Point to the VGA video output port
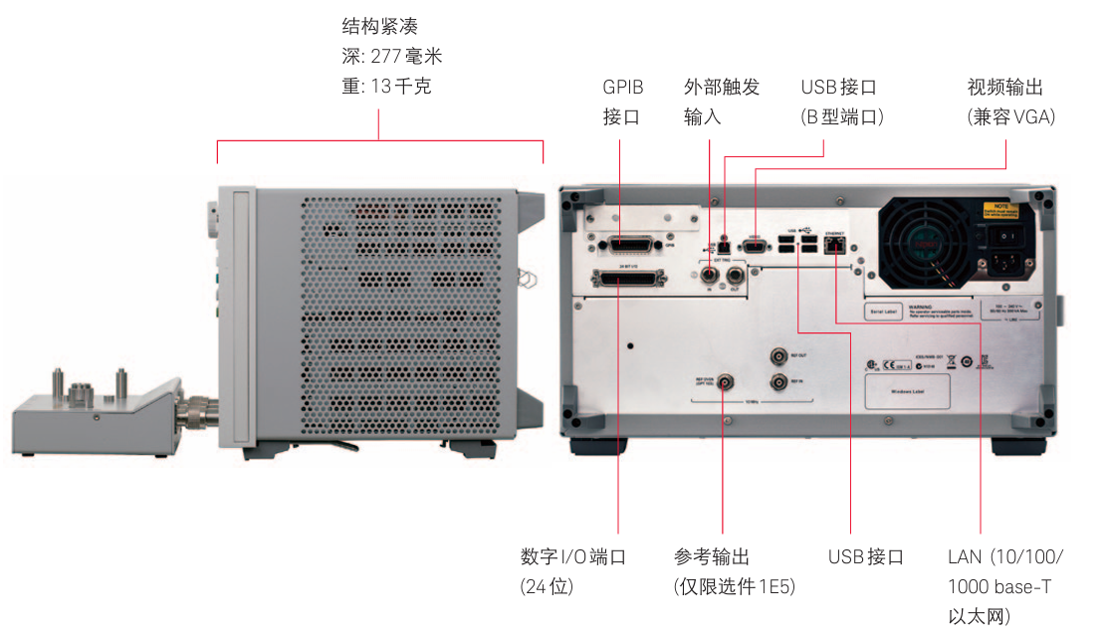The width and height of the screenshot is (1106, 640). pyautogui.click(x=756, y=243)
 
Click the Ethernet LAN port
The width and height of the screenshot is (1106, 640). pyautogui.click(x=834, y=243)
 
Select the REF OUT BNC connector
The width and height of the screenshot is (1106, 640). pyautogui.click(x=777, y=356)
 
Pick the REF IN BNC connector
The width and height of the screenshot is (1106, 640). pyautogui.click(x=777, y=381)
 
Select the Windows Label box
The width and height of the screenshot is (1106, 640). pyautogui.click(x=906, y=391)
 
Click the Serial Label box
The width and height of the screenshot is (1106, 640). pyautogui.click(x=885, y=312)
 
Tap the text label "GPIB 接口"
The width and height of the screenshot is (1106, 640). pyautogui.click(x=622, y=103)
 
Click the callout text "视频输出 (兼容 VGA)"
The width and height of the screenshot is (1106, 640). pyautogui.click(x=1010, y=103)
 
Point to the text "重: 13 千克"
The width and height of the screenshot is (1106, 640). pyautogui.click(x=386, y=87)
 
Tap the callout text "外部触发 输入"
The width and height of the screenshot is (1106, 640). pyautogui.click(x=722, y=103)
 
